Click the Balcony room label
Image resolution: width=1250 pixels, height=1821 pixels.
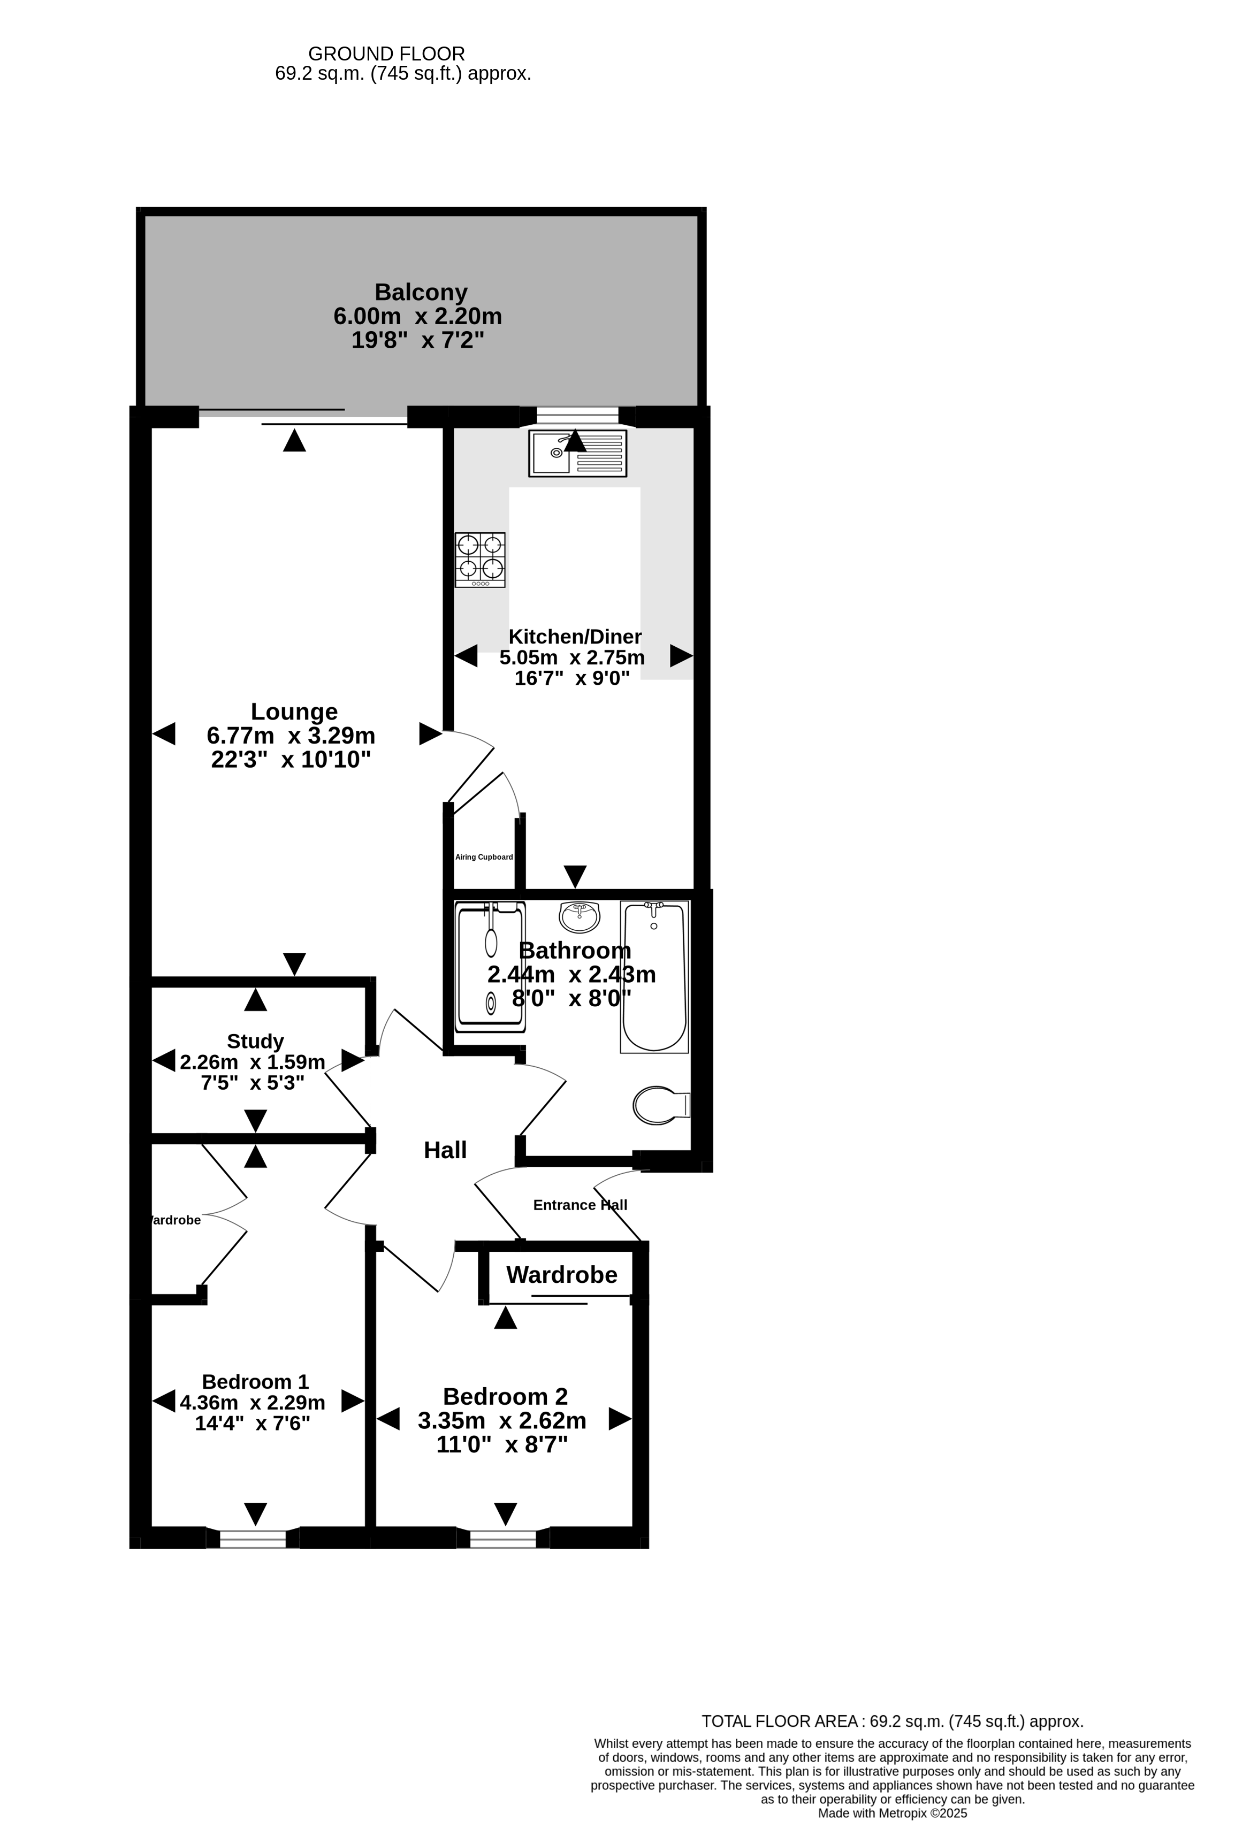[x=421, y=292]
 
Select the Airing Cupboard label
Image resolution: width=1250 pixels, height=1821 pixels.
[x=484, y=857]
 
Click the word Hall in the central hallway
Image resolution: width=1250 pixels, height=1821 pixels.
[x=445, y=1150]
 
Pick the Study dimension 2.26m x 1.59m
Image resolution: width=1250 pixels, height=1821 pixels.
[x=253, y=1062]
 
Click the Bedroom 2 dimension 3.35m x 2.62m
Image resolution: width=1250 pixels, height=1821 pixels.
[x=502, y=1420]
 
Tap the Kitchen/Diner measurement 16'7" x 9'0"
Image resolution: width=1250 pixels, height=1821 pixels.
[x=572, y=678]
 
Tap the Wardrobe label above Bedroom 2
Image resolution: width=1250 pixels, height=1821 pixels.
[x=562, y=1275]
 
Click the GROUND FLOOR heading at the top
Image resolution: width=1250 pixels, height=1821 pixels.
[x=386, y=54]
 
